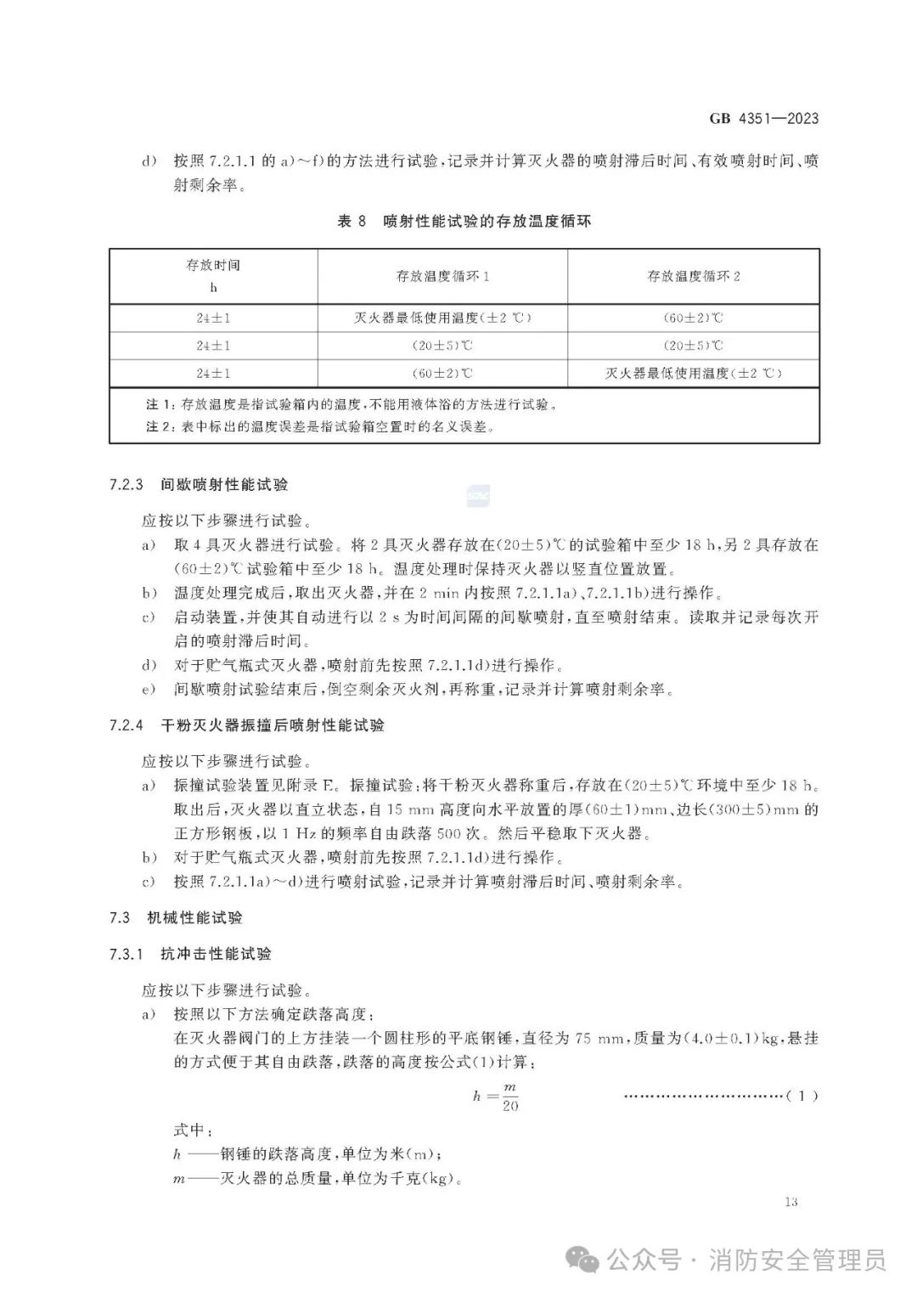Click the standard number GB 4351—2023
(x=764, y=118)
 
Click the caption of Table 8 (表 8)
(x=464, y=221)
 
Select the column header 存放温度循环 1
(x=442, y=276)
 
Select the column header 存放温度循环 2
(x=694, y=276)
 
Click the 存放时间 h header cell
(x=213, y=275)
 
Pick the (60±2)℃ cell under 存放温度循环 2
(x=694, y=318)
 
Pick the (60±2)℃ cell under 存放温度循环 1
(x=442, y=373)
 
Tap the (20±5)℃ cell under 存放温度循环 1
(x=442, y=346)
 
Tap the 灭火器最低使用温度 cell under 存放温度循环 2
(x=694, y=373)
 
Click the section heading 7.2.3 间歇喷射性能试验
(x=199, y=485)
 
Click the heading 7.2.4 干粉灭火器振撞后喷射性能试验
(x=246, y=725)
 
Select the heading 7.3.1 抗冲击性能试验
(x=190, y=954)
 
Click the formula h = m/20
(x=496, y=1096)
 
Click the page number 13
(x=791, y=1201)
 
